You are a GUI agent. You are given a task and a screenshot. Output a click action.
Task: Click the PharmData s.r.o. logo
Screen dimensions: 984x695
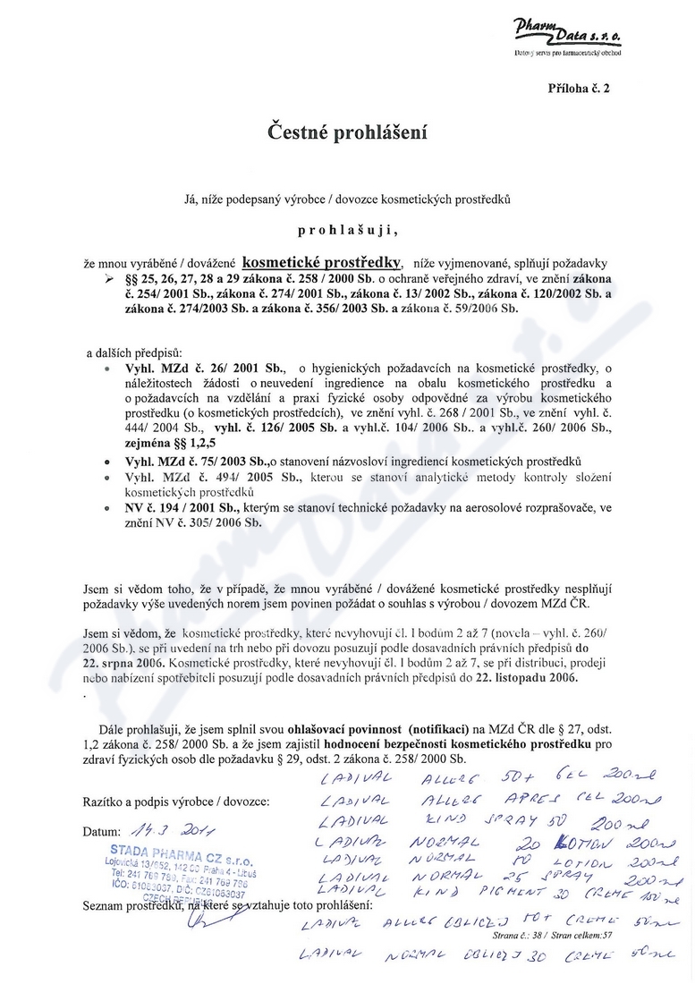coord(572,36)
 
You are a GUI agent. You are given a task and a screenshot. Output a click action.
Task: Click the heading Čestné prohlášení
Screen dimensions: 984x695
coord(346,133)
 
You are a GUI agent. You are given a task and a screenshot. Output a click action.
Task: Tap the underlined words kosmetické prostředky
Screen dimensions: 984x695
coord(322,263)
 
